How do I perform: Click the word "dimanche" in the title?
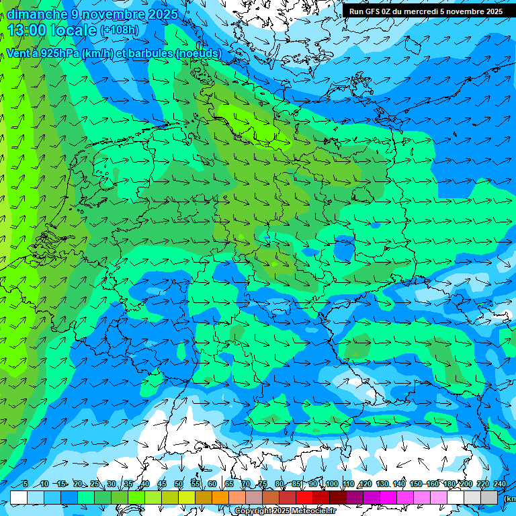click(x=37, y=14)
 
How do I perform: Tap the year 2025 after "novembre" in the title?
click(x=160, y=14)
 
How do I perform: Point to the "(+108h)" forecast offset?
click(x=120, y=30)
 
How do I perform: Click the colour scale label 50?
click(x=179, y=484)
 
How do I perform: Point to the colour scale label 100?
click(x=331, y=484)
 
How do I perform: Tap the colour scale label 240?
click(x=499, y=484)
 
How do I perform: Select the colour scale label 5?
click(x=25, y=484)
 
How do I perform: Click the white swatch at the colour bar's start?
click(x=19, y=497)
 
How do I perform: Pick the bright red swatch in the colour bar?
click(x=304, y=497)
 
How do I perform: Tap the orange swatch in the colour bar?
click(x=220, y=497)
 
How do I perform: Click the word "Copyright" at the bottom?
click(x=252, y=511)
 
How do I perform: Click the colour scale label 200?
click(x=466, y=484)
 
